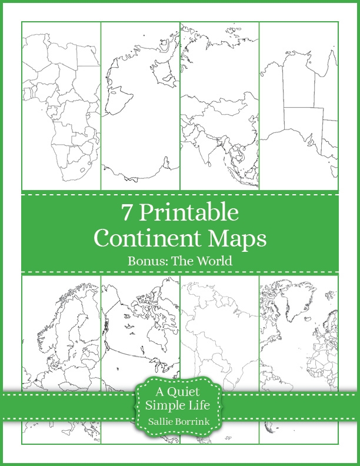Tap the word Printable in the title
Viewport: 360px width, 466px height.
pyautogui.click(x=189, y=213)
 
